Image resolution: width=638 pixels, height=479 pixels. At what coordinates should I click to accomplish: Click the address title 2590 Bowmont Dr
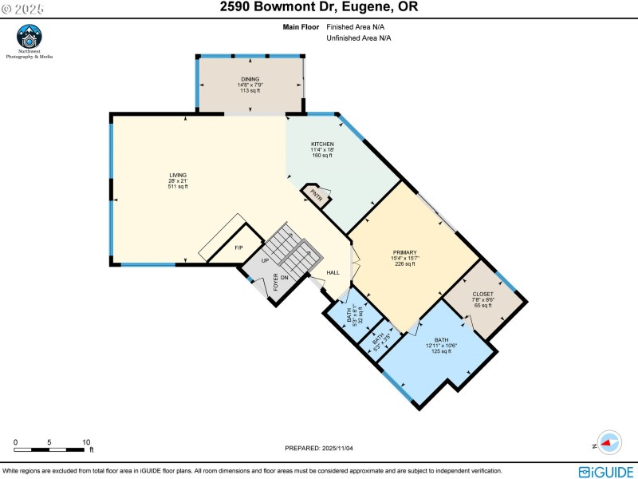[x=319, y=7]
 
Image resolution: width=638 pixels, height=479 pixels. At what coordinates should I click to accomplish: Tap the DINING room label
[x=250, y=85]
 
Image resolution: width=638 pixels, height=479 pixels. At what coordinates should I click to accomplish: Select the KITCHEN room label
[x=322, y=149]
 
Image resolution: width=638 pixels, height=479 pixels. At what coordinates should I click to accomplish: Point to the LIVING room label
[x=177, y=181]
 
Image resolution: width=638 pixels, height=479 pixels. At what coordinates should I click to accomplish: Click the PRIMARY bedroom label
[x=404, y=258]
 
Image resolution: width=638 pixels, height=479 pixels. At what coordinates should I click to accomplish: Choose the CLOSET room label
[x=482, y=299]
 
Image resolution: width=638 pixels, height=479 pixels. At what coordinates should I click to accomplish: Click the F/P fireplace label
[x=238, y=247]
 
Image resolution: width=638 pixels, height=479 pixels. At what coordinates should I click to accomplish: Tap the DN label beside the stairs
[x=283, y=277]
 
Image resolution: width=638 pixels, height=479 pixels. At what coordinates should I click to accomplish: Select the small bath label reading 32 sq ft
[x=355, y=315]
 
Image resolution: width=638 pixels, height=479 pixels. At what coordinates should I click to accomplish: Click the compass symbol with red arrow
[x=609, y=441]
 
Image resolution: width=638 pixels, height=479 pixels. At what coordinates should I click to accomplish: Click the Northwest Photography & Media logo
[x=30, y=40]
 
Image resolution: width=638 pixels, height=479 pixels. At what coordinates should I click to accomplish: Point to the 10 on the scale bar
[x=86, y=441]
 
